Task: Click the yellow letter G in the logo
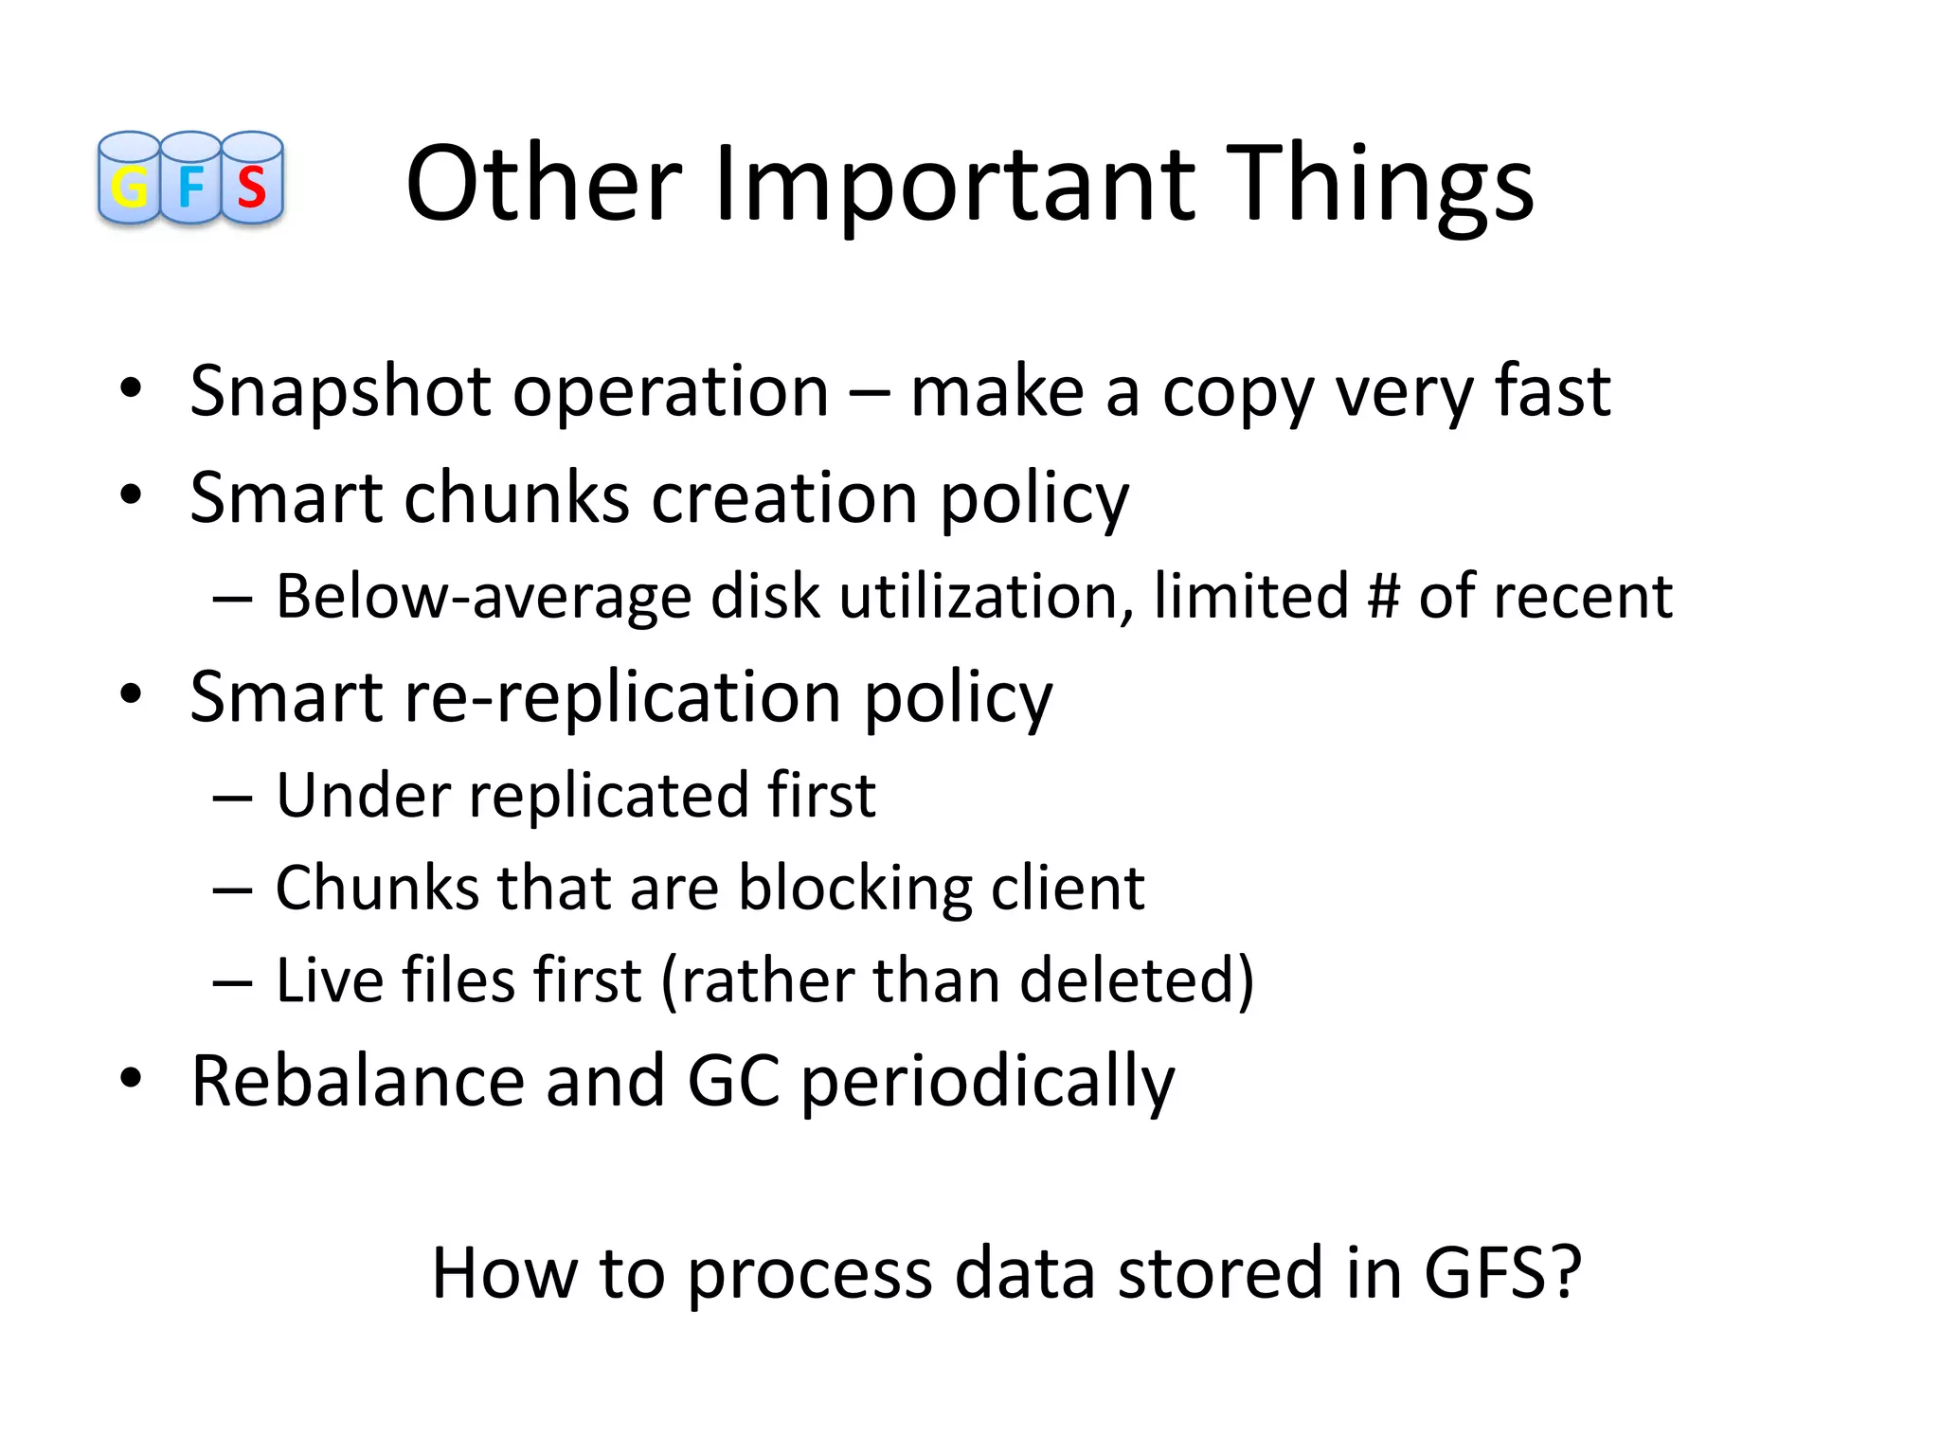point(130,188)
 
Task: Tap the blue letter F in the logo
point(190,186)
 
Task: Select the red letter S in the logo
point(252,188)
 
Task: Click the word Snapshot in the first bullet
point(339,392)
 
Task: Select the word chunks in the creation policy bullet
point(516,497)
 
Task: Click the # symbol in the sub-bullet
point(1384,597)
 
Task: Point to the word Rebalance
point(357,1081)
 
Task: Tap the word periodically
point(987,1083)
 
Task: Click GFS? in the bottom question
point(1502,1272)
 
